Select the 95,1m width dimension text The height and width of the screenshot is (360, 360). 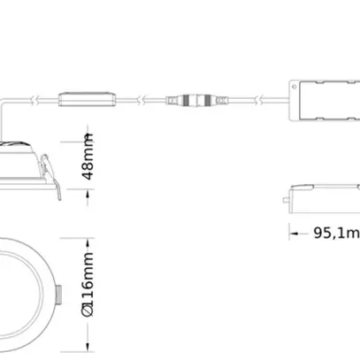pyautogui.click(x=336, y=234)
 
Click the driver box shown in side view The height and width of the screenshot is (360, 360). pyautogui.click(x=324, y=196)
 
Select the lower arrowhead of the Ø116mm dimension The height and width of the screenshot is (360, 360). pyautogui.click(x=88, y=349)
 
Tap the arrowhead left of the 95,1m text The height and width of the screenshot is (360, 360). pyautogui.click(x=295, y=234)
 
